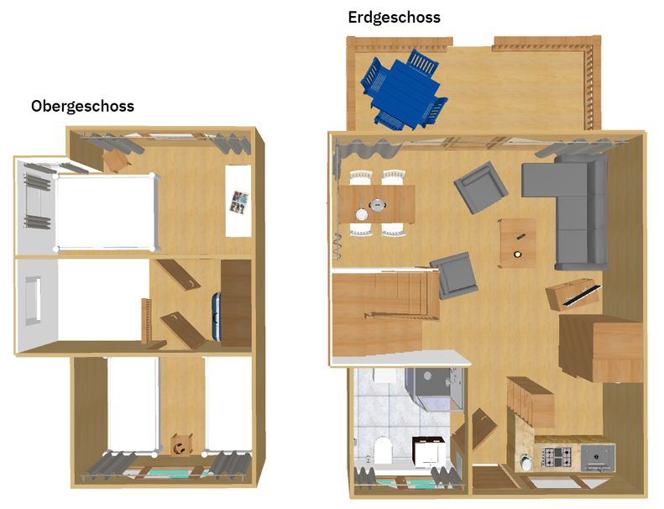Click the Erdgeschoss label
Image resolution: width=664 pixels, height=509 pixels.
394,18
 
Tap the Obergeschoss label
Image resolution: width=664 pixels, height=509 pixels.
82,106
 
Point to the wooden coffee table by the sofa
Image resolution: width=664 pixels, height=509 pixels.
517,244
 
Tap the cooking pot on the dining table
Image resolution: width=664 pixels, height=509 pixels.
377,205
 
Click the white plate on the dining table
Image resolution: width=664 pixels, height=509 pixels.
362,214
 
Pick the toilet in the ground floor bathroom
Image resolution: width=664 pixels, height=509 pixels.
383,450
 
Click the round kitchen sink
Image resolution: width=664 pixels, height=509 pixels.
525,461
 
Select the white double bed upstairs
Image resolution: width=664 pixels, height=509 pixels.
106,213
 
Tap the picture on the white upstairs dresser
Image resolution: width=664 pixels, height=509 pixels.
239,202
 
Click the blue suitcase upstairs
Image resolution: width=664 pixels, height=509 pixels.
217,317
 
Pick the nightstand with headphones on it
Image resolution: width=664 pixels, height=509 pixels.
181,445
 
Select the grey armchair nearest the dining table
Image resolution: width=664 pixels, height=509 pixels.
481,187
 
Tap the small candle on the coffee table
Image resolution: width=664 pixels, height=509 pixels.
517,254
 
